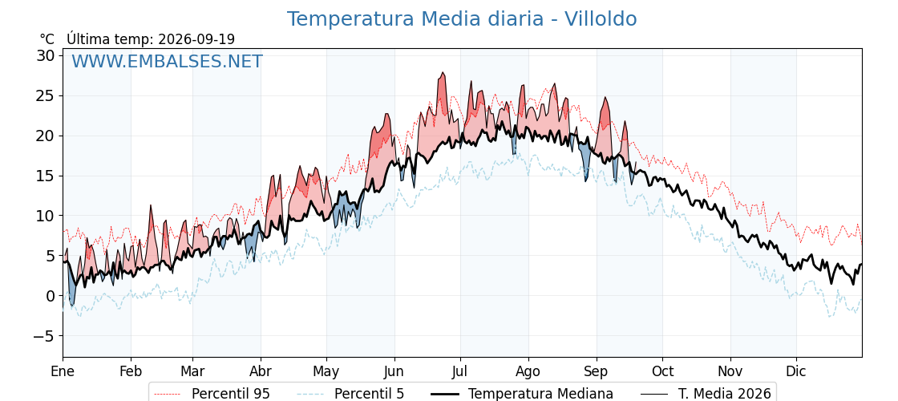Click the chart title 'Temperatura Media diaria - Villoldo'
point(462,19)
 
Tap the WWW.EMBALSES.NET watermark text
point(168,61)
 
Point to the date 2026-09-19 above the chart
point(196,39)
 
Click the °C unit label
point(47,39)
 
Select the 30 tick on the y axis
point(47,55)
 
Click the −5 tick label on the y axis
point(42,336)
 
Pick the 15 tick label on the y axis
point(47,176)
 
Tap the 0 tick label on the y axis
point(51,296)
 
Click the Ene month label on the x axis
point(63,371)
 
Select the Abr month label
point(261,371)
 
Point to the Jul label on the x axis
point(460,371)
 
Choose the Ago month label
point(528,372)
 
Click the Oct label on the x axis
point(662,371)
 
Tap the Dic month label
point(796,371)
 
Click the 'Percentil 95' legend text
point(231,394)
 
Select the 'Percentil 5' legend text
point(370,394)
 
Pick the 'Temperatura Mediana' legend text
point(540,394)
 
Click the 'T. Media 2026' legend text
point(725,394)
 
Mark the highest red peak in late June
point(442,73)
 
